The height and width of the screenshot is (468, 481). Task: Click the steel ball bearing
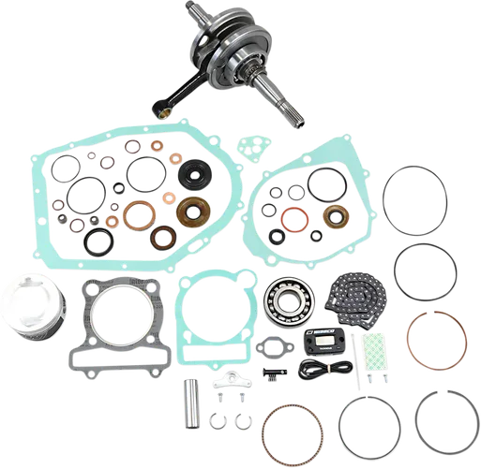coord(291,299)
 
